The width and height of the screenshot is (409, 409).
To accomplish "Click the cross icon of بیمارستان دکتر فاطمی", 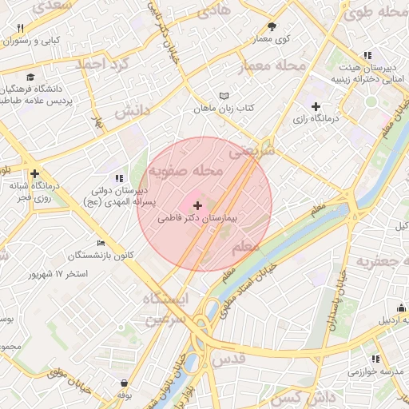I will point(198,206).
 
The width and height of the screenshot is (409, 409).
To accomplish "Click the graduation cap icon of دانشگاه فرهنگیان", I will point(30,77).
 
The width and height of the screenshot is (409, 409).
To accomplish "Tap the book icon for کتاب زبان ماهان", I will point(224,96).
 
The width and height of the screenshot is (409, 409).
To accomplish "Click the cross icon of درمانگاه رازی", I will point(316,106).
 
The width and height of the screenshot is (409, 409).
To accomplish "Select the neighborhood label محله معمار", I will point(273,66).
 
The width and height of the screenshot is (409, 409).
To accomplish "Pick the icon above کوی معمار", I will point(272,26).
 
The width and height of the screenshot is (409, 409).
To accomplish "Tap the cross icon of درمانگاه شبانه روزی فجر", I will point(34,173).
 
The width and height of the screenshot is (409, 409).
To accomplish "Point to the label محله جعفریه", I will point(382,261).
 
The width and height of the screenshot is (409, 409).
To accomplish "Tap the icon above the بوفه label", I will point(124,383).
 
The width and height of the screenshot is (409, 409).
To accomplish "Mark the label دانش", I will point(133,112).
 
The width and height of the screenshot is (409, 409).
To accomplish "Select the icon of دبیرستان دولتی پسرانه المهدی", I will point(118,179).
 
